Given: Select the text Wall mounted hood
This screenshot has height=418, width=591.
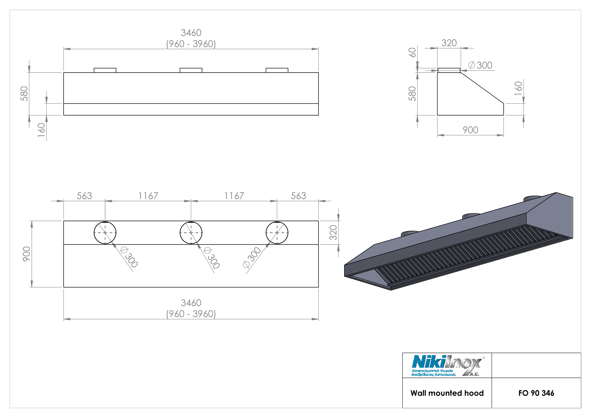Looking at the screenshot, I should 447,393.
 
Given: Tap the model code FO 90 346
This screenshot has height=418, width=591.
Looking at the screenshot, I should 536,393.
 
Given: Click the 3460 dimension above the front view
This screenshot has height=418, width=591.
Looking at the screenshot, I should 191,33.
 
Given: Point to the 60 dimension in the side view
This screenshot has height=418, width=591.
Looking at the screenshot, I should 412,53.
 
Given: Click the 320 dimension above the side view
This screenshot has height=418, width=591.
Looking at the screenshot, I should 449,43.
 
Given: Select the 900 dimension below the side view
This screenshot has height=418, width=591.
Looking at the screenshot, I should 470,130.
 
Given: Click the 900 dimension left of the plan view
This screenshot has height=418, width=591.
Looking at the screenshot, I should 27,254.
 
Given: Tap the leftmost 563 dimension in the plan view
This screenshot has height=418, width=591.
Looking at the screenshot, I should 84,196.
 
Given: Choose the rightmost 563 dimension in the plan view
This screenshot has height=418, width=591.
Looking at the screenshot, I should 298,196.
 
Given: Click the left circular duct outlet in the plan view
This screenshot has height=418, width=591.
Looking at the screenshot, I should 105,233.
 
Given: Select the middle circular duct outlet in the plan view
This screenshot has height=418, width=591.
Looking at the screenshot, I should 191,233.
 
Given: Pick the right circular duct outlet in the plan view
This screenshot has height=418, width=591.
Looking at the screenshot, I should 277,233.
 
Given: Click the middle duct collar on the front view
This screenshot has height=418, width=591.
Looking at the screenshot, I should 191,70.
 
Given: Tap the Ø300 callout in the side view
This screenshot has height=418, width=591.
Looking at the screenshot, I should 480,65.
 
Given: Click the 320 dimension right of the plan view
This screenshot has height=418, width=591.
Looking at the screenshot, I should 333,233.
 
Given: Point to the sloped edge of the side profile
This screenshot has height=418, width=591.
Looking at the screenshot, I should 482,88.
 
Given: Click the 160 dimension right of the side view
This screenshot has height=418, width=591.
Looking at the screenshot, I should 518,88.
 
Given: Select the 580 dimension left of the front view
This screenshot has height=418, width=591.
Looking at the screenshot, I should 24,94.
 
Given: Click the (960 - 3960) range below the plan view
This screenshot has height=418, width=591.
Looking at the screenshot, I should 191,314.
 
